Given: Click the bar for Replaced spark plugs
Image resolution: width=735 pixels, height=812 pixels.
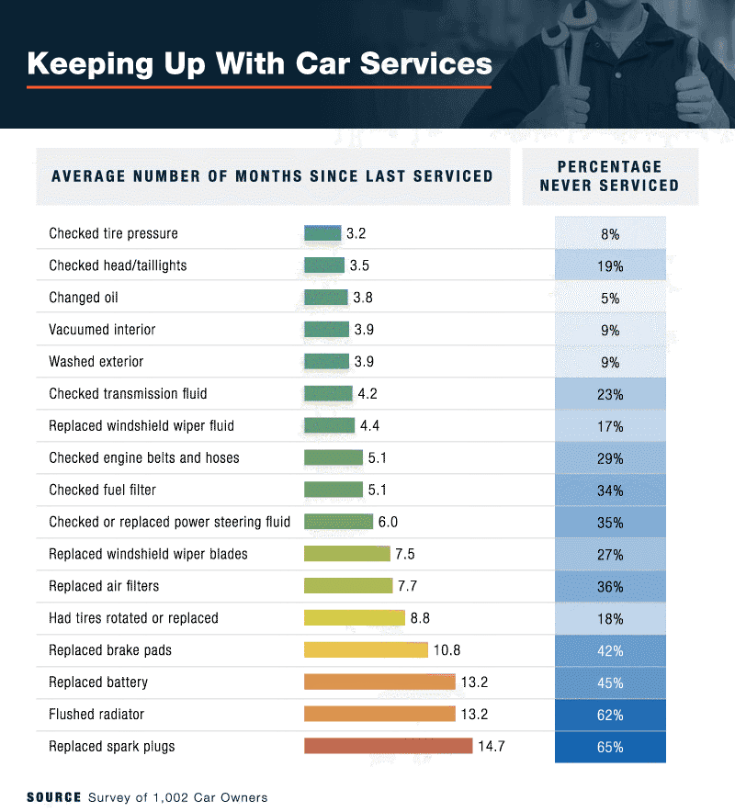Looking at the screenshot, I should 388,746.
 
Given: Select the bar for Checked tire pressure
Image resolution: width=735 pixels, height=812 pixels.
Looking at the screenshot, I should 322,233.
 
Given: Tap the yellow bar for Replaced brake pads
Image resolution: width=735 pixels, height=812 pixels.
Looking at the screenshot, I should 366,650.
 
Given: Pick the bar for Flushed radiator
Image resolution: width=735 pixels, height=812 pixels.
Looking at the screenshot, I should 379,714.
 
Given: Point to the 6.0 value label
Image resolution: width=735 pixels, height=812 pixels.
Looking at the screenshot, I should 388,522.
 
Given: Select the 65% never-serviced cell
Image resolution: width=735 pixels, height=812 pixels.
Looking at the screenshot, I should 610,747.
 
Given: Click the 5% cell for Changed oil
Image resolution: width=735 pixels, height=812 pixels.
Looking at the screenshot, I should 610,298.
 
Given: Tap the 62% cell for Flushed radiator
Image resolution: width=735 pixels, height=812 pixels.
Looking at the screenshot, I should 610,715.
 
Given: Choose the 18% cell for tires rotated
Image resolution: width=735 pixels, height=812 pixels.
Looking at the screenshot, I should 610,618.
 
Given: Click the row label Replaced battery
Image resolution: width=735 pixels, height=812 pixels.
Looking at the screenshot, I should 98,682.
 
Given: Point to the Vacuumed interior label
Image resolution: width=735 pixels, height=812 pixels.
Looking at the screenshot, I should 102,330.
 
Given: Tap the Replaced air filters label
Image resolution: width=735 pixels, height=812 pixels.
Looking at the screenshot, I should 104,586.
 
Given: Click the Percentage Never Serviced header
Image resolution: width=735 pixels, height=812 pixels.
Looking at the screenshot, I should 609,175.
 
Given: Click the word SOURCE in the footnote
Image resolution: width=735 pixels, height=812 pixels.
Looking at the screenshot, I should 54,797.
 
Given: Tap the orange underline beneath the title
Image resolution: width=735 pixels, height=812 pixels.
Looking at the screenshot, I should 259,87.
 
